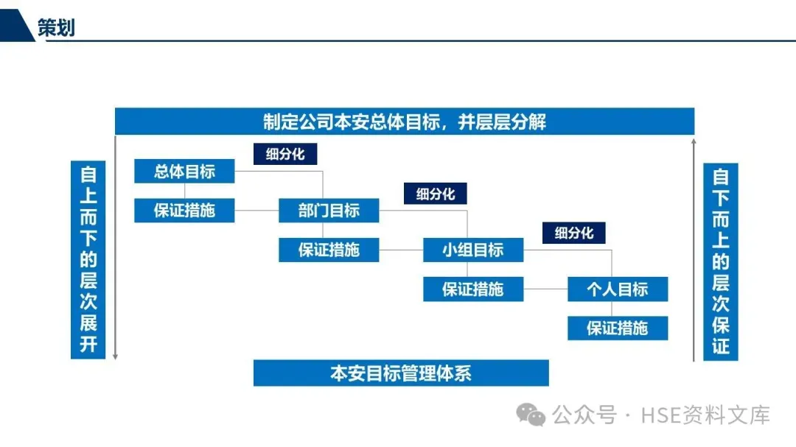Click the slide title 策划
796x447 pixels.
[56, 28]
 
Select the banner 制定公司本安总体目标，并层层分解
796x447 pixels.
[405, 122]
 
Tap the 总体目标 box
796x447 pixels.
[184, 172]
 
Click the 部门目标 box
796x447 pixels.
[329, 211]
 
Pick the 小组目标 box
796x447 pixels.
[473, 250]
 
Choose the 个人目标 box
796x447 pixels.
[618, 289]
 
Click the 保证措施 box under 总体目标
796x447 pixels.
[184, 210]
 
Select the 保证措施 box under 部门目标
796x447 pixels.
[329, 249]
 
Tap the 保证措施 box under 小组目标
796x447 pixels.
[473, 289]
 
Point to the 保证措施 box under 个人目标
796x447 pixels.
[618, 328]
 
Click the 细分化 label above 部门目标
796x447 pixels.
[284, 154]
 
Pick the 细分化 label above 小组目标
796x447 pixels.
[436, 194]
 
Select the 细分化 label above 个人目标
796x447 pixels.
[573, 233]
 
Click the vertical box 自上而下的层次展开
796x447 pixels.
[88, 261]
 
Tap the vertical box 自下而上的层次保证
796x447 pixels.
[720, 261]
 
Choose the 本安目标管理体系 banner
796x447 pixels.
[401, 373]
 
